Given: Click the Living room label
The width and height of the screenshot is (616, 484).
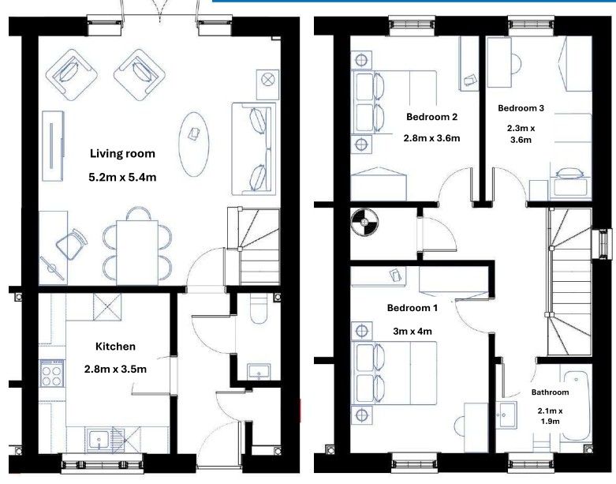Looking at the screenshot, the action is tap(122, 153).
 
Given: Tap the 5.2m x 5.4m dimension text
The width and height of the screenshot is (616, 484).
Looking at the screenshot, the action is tap(122, 178).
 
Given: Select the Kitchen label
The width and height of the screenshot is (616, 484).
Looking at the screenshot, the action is tap(115, 347).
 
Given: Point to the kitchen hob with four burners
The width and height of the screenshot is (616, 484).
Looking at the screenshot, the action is tap(51, 373).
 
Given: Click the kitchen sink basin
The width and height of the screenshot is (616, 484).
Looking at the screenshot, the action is tap(99, 439).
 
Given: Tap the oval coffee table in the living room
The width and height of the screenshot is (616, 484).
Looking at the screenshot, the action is tap(194, 144).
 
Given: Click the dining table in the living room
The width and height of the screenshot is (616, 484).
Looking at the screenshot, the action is tap(137, 252).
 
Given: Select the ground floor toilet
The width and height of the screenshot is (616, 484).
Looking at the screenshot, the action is tap(259, 308).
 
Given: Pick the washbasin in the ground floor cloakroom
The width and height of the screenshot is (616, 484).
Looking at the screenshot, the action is tap(259, 372).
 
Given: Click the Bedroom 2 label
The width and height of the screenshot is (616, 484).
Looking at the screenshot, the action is tap(431, 117).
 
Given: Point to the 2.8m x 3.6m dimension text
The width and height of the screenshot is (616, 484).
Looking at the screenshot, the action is tap(431, 138).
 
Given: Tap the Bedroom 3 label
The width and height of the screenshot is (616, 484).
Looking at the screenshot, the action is tap(521, 108).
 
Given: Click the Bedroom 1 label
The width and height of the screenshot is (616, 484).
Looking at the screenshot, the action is tap(412, 308).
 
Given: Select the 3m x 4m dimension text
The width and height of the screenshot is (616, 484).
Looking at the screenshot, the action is tap(412, 332).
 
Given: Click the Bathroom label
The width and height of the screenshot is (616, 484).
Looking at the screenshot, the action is tap(550, 392).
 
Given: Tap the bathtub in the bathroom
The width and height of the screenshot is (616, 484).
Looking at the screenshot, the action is tap(577, 407).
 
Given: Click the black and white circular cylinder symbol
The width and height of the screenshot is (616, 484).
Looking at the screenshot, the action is tap(364, 222).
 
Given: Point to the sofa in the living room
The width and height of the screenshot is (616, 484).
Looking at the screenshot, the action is tap(253, 149).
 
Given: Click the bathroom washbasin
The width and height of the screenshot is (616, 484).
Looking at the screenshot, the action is tap(505, 415).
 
